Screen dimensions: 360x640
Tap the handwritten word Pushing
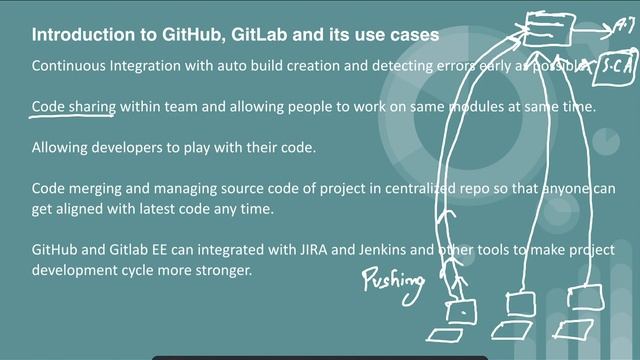391,279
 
